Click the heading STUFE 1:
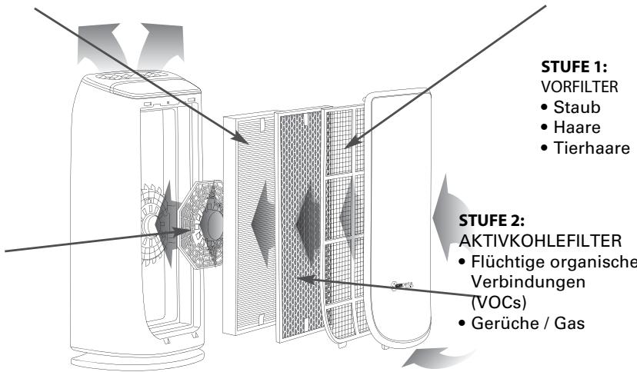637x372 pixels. pyautogui.click(x=574, y=67)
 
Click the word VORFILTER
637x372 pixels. pyautogui.click(x=579, y=87)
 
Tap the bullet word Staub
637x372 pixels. pyautogui.click(x=576, y=108)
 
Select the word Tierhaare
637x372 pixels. pyautogui.click(x=592, y=148)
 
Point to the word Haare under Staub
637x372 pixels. pyautogui.click(x=577, y=128)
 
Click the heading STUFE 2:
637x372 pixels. pyautogui.click(x=492, y=221)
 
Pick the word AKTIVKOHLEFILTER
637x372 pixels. pyautogui.click(x=540, y=241)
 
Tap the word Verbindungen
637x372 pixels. pyautogui.click(x=528, y=282)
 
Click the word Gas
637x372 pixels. pyautogui.click(x=569, y=324)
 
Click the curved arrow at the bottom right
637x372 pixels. pyautogui.click(x=441, y=357)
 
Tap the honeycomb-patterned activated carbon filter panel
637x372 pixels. pyautogui.click(x=301, y=225)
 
